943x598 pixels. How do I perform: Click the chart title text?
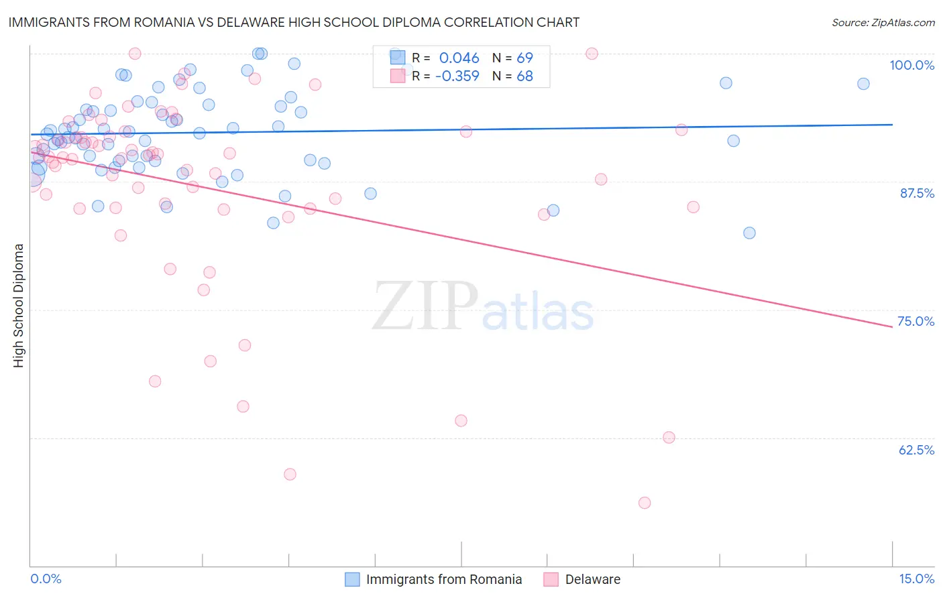click(x=294, y=22)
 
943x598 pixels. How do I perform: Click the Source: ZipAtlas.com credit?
click(x=883, y=22)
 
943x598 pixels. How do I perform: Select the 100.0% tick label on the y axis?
click(x=911, y=65)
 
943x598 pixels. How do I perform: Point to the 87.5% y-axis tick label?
click(x=916, y=193)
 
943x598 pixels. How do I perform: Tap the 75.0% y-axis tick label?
click(x=916, y=321)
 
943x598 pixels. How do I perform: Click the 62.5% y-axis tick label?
click(x=916, y=450)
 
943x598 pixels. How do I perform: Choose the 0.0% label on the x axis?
click(x=46, y=579)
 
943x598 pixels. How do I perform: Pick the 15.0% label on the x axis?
click(x=916, y=579)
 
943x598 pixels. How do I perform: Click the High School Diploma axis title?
click(x=19, y=305)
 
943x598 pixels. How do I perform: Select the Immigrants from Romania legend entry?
click(x=443, y=579)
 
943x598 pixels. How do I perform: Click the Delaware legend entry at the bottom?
click(x=592, y=579)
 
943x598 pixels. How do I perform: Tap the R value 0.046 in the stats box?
click(x=459, y=58)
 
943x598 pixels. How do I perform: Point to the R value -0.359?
click(x=457, y=76)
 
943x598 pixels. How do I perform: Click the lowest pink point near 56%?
click(x=645, y=503)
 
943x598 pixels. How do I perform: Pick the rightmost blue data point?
click(x=863, y=84)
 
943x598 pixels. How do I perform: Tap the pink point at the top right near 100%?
click(x=592, y=54)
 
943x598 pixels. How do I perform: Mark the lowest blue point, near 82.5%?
click(x=749, y=233)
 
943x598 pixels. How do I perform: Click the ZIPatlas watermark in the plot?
click(x=483, y=307)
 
